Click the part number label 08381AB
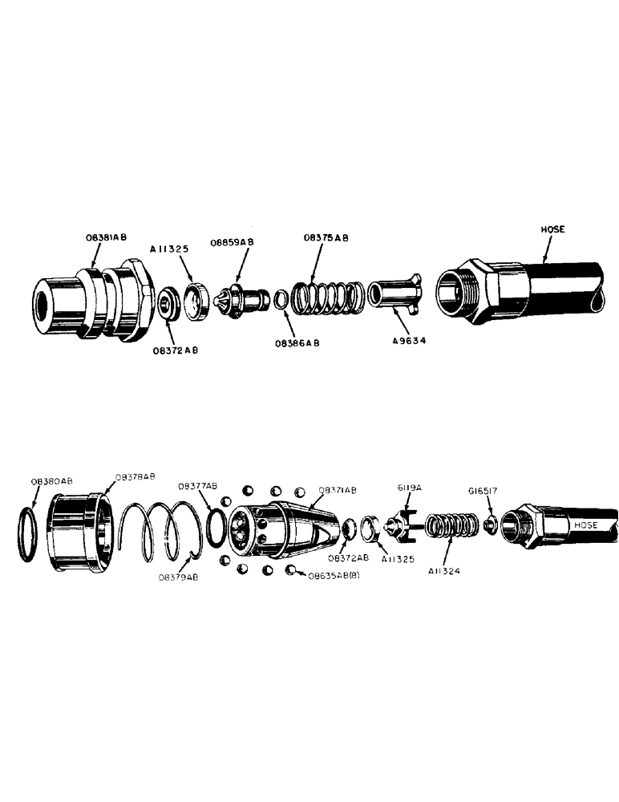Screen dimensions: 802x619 tap(106, 238)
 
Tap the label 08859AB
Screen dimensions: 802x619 tap(232, 242)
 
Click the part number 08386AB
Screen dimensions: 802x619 tap(297, 342)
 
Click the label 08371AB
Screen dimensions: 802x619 tap(338, 489)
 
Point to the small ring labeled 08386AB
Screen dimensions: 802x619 tap(281, 299)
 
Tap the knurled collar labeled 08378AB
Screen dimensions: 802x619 tap(79, 529)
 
